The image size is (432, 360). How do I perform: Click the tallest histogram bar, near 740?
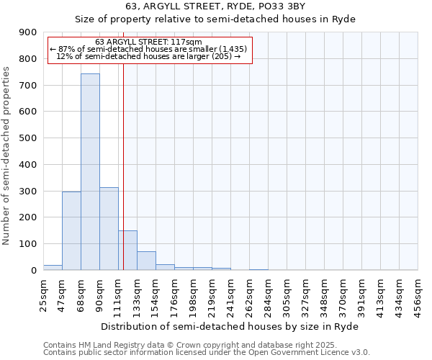pyautogui.click(x=90, y=173)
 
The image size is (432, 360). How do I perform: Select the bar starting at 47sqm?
pyautogui.click(x=71, y=231)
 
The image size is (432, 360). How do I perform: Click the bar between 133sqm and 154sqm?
pyautogui.click(x=146, y=261)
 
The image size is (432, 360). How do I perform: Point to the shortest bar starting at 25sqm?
pyautogui.click(x=53, y=267)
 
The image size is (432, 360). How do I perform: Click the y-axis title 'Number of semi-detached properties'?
pyautogui.click(x=6, y=156)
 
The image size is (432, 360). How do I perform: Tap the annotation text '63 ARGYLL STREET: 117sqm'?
pyautogui.click(x=148, y=42)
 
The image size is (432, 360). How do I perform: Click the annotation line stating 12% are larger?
pyautogui.click(x=148, y=57)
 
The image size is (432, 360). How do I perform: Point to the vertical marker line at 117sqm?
pyautogui.click(x=123, y=180)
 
